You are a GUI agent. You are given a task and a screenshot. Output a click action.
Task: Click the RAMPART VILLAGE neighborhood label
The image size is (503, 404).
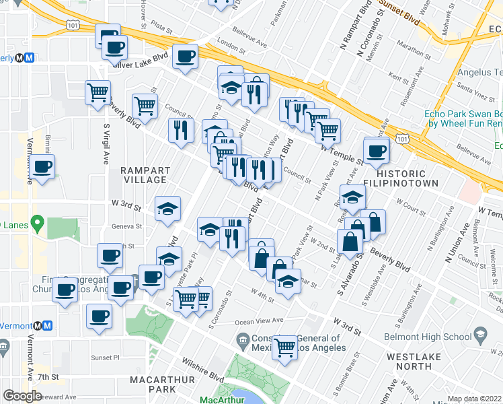[x=145, y=175]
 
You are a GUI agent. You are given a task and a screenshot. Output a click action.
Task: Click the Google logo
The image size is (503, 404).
[x=22, y=396]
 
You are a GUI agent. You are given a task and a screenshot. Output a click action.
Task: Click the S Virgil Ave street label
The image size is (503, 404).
[x=106, y=144]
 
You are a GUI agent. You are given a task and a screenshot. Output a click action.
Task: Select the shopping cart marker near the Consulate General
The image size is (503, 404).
[x=285, y=347]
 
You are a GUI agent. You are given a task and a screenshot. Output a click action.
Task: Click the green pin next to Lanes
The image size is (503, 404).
[x=38, y=222]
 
